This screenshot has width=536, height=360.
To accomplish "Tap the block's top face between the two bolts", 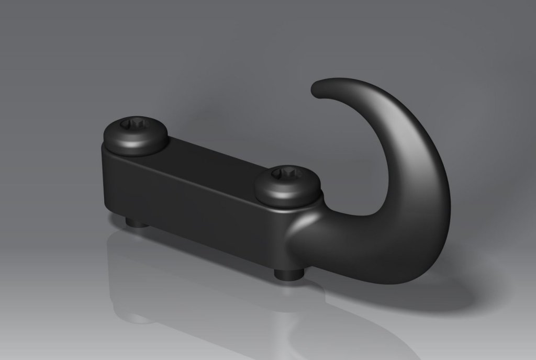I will click(x=209, y=157).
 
